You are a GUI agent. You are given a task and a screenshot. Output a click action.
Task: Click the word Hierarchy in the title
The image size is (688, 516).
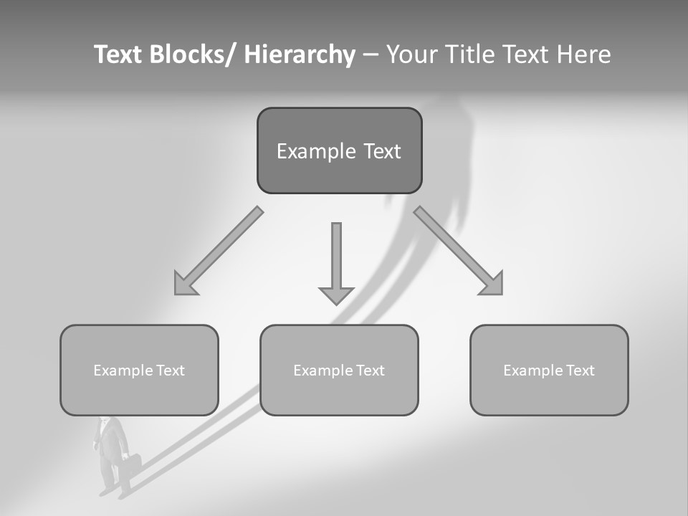[x=300, y=54]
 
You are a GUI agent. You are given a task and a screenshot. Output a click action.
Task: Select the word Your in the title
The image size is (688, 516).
[x=411, y=54]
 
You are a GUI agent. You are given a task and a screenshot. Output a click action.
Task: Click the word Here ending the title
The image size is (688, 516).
[x=583, y=54]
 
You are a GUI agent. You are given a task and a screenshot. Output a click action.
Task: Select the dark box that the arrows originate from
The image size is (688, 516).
[x=339, y=150]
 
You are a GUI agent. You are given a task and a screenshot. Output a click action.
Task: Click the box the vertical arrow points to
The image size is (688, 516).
[x=339, y=370]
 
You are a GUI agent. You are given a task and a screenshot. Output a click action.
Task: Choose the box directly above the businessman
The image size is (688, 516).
[x=139, y=370]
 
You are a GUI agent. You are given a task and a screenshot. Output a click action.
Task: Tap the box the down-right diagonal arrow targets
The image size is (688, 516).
[x=549, y=370]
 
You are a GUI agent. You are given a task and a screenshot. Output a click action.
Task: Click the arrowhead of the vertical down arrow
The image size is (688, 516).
[x=336, y=295]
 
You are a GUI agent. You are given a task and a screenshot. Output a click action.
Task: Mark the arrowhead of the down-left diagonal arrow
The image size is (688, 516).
[x=185, y=284]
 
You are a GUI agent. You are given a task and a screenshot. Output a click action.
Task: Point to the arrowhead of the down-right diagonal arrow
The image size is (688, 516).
[x=492, y=284]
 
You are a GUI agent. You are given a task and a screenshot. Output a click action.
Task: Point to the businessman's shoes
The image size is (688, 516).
[x=115, y=493]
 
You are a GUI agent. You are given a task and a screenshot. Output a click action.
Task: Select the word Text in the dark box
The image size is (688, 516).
[x=381, y=151]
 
